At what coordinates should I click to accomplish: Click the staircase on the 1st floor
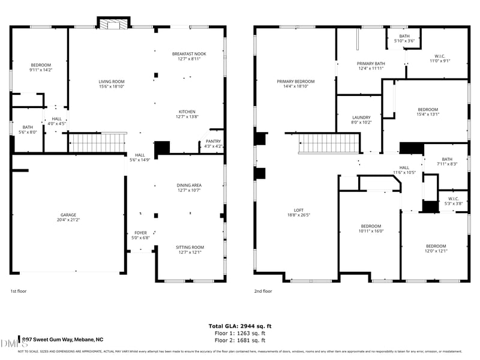tap(97, 143)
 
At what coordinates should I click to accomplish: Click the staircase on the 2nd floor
tap(329, 143)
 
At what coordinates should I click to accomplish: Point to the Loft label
tap(299, 212)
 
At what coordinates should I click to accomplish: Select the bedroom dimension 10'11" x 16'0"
tap(371, 230)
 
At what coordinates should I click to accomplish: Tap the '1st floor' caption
tap(19, 291)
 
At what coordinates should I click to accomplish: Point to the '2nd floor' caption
tap(263, 291)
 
